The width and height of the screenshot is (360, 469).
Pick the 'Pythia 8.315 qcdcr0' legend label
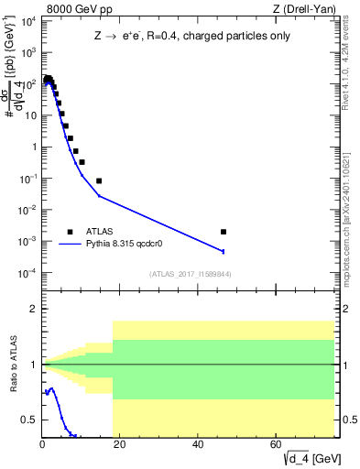pos(125,245)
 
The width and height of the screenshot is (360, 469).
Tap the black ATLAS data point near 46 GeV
pos(224,232)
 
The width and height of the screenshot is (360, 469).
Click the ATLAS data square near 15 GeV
pos(99,180)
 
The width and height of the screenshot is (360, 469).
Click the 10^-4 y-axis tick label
pos(27,273)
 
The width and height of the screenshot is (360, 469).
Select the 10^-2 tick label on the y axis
pos(27,210)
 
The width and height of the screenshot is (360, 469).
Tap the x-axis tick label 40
pos(199,445)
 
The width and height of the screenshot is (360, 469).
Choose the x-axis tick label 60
pos(277,445)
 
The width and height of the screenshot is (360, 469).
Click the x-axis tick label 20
pos(120,445)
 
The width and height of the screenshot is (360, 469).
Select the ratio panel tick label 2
pos(33,310)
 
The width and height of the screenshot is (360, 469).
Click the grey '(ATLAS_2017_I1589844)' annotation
pos(190,274)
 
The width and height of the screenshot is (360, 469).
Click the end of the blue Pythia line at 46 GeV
pos(224,251)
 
